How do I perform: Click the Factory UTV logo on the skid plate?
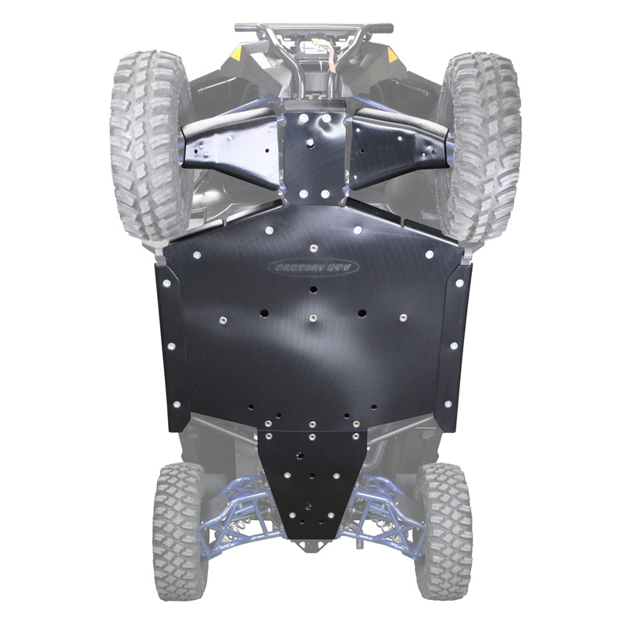pos(313,267)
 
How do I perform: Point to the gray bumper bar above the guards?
pos(312,28)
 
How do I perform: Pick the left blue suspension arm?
pos(234,508)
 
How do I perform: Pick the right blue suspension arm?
pos(391,508)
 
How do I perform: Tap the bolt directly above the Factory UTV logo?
pos(313,248)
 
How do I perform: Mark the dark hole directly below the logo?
pos(313,289)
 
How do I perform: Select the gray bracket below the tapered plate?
pos(312,545)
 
